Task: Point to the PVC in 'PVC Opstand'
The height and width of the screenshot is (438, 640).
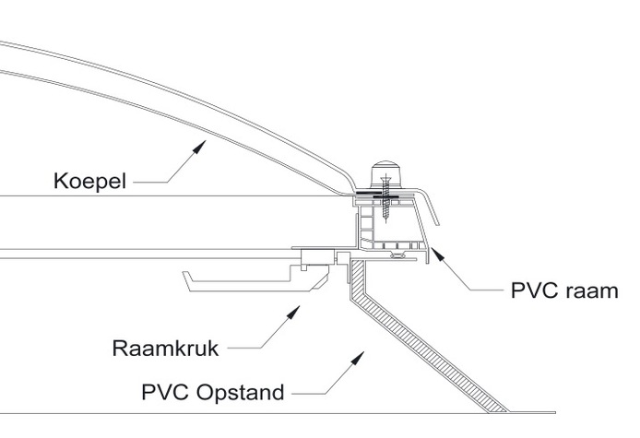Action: (162, 394)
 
